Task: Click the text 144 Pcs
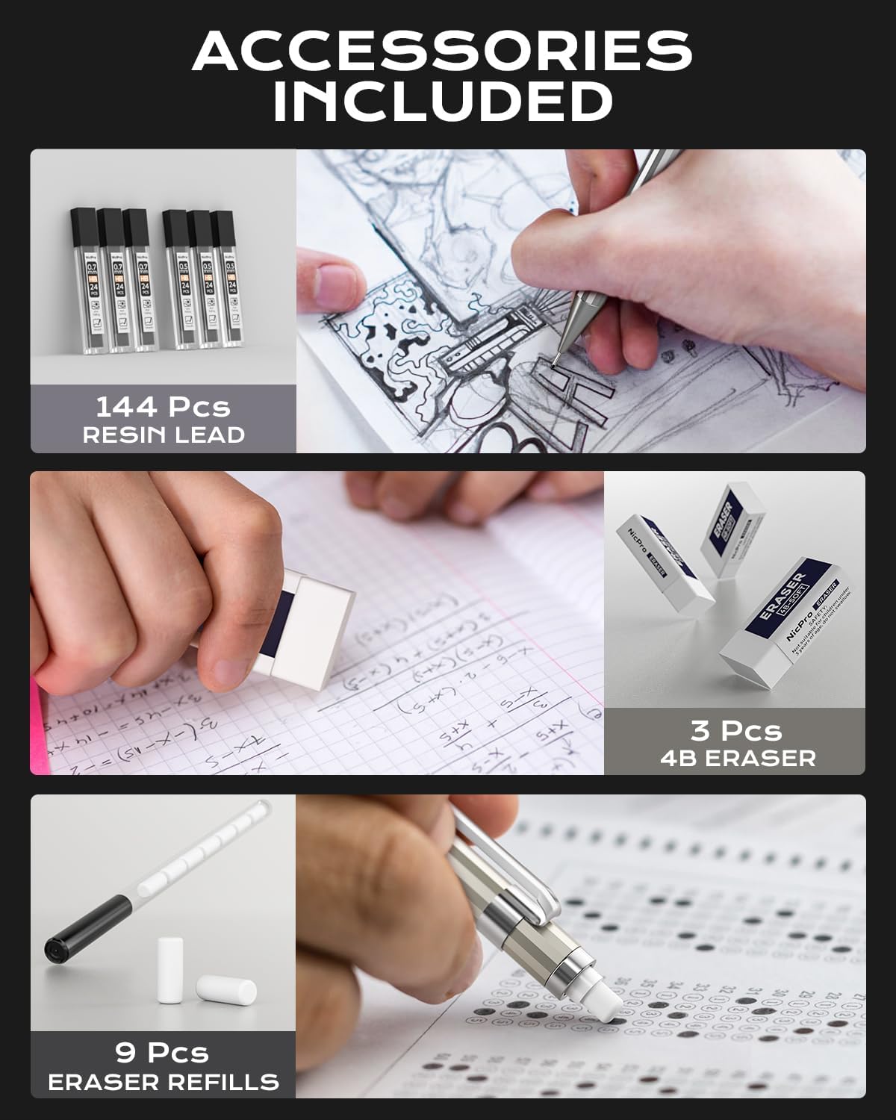tap(163, 407)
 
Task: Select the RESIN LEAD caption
tap(164, 435)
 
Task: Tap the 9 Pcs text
tap(162, 1053)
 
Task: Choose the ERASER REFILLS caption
tap(164, 1081)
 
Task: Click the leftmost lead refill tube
tap(84, 280)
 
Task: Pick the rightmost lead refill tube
tap(223, 280)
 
